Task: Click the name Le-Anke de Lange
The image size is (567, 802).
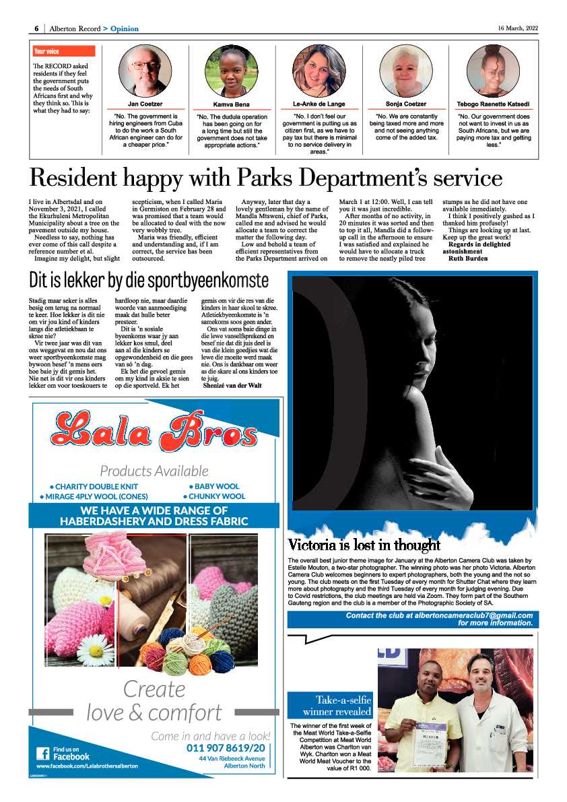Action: point(319,104)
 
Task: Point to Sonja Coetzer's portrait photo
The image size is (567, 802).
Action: point(405,71)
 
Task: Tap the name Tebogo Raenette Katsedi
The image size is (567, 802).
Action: point(494,104)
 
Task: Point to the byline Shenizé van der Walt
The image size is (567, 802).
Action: point(232,385)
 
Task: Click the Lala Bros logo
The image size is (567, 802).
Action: point(154,428)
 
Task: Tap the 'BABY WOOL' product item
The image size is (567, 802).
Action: point(214,486)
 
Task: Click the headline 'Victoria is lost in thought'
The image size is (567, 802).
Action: point(364,545)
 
